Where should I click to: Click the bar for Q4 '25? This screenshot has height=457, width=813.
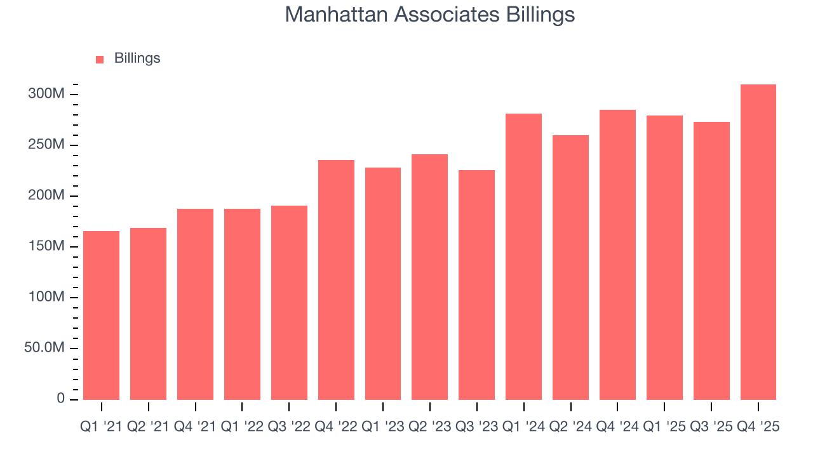(758, 242)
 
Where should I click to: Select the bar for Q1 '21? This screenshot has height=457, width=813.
(101, 315)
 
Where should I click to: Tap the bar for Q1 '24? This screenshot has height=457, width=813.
(523, 256)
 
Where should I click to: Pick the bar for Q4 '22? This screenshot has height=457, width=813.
(336, 280)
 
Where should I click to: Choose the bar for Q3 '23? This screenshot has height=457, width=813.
(476, 285)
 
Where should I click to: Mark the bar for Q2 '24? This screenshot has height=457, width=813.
(570, 267)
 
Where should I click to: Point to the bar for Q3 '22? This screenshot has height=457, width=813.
(289, 303)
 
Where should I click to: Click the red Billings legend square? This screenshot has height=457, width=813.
(100, 59)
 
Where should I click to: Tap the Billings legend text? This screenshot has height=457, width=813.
(137, 58)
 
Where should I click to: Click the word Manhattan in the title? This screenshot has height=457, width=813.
(337, 14)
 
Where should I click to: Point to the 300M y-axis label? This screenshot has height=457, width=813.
(47, 95)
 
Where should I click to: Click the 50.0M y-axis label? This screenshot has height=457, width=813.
(44, 348)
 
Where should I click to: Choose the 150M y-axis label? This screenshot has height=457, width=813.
(47, 247)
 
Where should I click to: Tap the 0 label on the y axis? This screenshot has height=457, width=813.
(61, 399)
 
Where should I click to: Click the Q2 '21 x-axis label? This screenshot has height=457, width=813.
(148, 427)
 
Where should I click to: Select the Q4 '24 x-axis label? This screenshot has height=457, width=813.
(617, 427)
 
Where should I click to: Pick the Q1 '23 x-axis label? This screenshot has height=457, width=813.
(383, 427)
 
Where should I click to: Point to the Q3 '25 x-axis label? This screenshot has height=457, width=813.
(711, 427)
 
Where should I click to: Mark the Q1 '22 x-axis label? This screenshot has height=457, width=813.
(242, 427)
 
